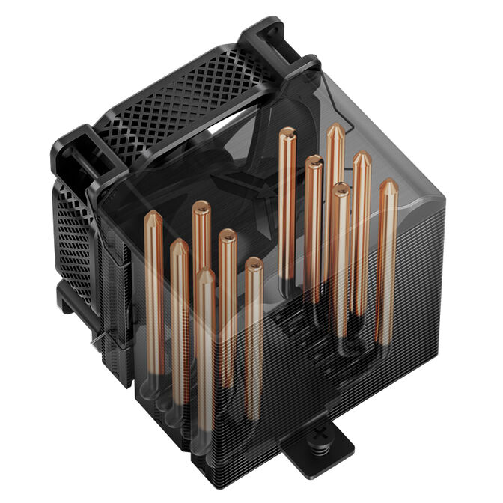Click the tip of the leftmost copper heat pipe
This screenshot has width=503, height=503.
pos(153,218)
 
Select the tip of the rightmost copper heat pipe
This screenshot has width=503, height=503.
pos(388,185)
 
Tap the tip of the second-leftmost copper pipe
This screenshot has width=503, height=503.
pos(178,245)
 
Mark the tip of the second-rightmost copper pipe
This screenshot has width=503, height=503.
pos(362,157)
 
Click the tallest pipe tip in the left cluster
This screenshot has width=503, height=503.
pos(201,207)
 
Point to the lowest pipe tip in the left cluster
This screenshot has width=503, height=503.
pos(204,275)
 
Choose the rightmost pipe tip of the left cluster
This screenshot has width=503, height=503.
pos(254,263)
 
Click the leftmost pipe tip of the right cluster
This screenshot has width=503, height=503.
pos(287,135)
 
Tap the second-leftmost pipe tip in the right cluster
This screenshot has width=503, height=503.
pos(314,161)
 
